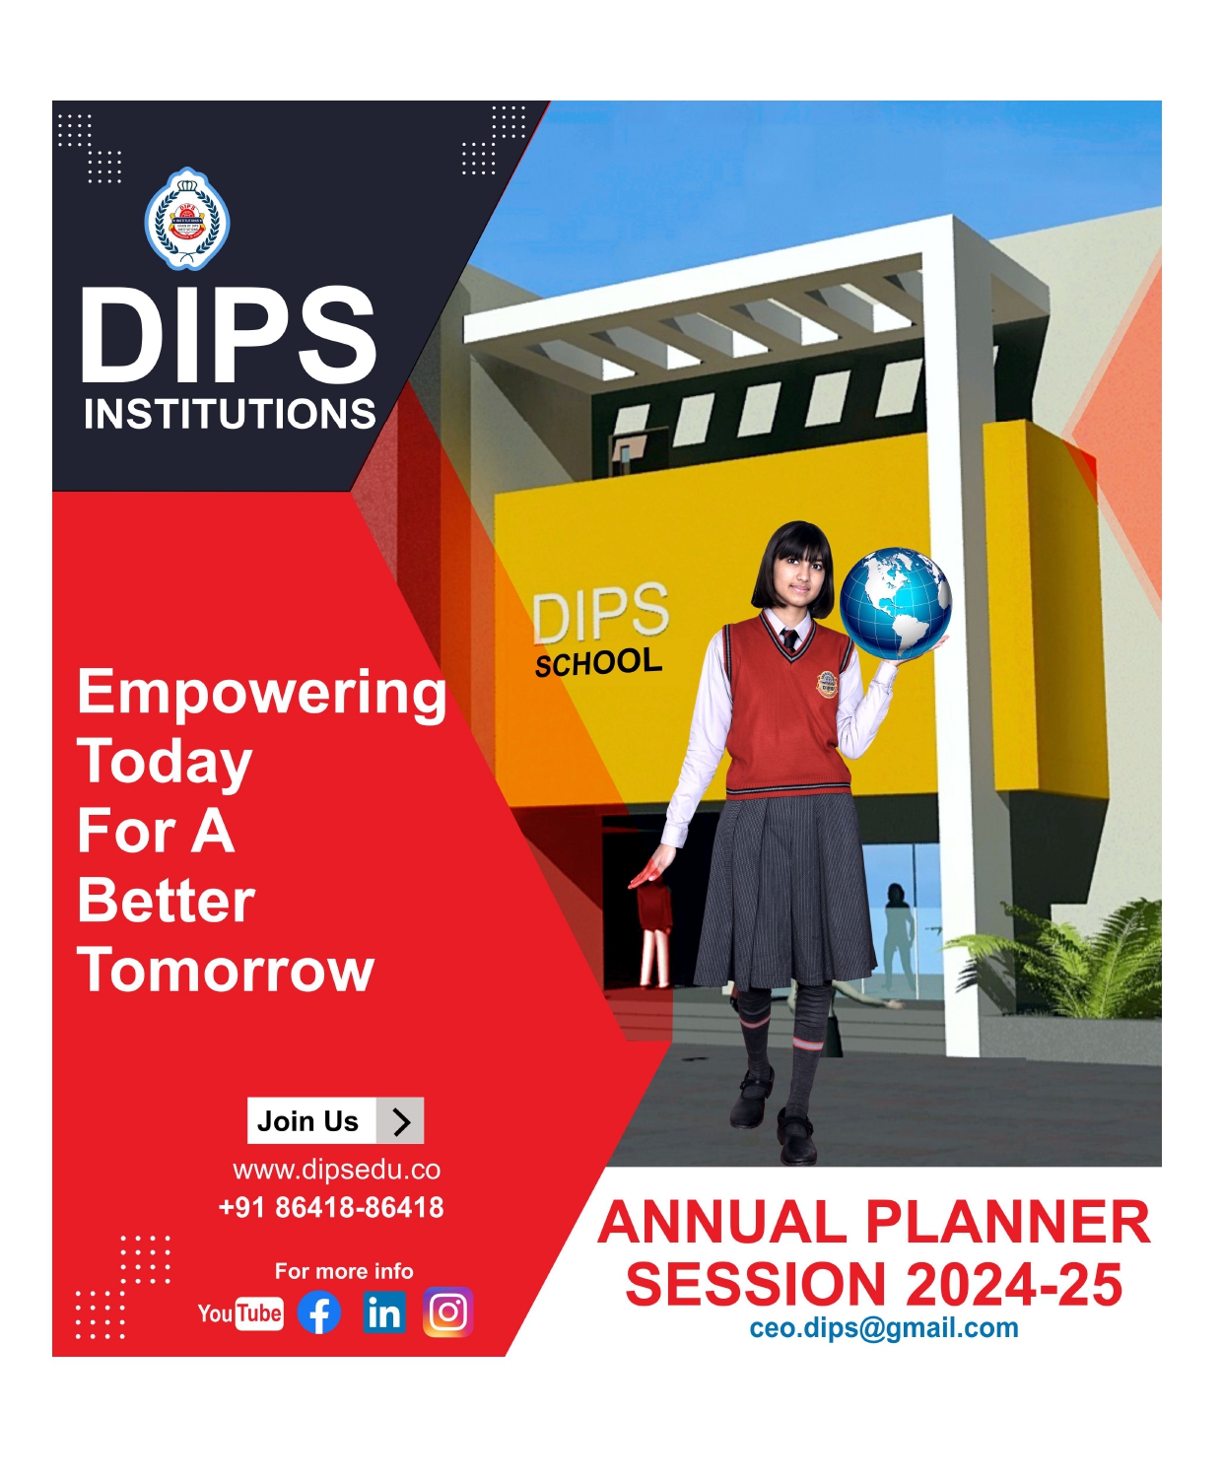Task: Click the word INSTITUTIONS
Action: (x=230, y=415)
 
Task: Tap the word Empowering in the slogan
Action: (x=262, y=692)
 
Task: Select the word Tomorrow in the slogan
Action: (x=226, y=970)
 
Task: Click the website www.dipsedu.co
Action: (x=336, y=1170)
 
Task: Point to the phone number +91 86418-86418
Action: (x=331, y=1207)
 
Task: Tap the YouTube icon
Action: (x=239, y=1313)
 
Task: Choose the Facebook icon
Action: (x=319, y=1312)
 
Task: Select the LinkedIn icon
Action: (x=383, y=1312)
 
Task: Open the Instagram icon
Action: (x=448, y=1312)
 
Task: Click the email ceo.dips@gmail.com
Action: (x=883, y=1328)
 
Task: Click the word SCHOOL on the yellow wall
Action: (x=598, y=662)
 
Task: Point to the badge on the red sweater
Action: (x=827, y=682)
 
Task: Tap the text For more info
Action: (x=344, y=1271)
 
